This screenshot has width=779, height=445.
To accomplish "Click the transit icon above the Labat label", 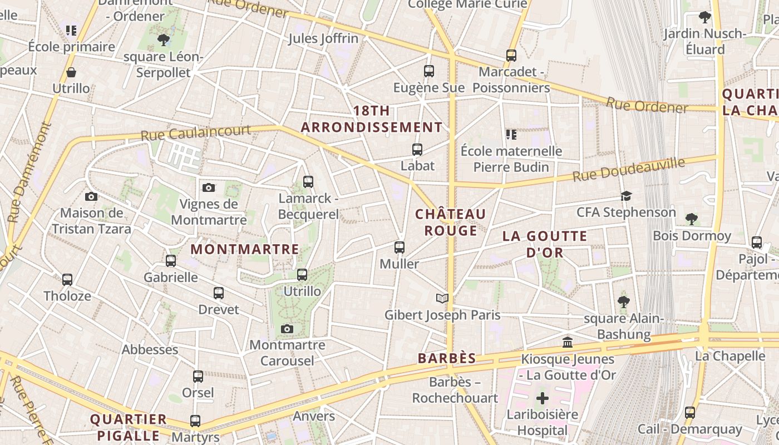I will coord(417,149).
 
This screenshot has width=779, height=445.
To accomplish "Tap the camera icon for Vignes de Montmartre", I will coord(209,187).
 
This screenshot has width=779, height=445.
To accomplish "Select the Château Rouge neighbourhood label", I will coord(451,222).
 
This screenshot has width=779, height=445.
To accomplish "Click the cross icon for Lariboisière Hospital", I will coord(543,398).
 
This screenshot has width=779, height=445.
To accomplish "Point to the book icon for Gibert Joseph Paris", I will coord(442,299).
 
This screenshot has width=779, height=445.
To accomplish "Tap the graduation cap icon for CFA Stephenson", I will coord(627,196).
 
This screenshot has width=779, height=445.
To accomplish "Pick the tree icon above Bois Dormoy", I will coord(692,219).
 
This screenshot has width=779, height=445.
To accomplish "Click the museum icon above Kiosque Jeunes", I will coord(568,342).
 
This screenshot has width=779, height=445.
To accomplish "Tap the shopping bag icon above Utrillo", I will coord(71,72).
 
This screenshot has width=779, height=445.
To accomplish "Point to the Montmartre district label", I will coord(245,249).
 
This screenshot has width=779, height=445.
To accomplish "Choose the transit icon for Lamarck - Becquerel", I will coord(308,181).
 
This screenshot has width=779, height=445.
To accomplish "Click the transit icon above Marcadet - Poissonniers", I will coord(511,56).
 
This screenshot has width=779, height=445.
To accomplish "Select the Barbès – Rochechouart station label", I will coord(455,390).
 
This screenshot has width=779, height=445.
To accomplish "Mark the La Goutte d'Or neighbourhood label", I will coord(545,244).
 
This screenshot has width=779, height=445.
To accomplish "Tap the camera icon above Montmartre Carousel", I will coord(287,329).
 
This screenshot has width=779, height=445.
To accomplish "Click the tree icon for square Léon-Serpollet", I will coord(164,39).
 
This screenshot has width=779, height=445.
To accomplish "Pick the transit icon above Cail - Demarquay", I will coord(690,413).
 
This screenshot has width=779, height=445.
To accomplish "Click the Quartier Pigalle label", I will coord(129,427).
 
